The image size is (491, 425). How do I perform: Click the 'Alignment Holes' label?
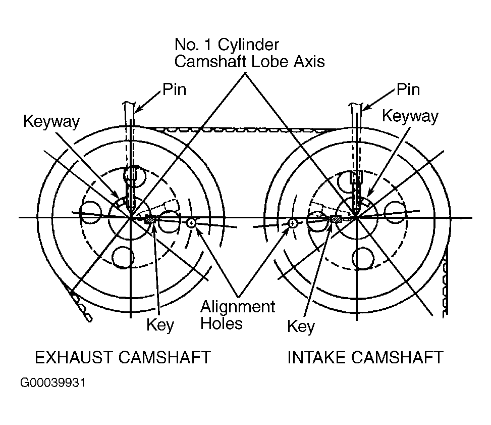238,314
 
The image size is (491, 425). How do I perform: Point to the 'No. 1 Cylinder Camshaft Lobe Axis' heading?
249,53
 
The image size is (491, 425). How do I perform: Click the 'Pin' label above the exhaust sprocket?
174,90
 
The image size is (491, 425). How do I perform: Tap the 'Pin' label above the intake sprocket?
408,90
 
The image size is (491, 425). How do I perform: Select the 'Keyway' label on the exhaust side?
51,122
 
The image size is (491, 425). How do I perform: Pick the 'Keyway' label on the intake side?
410,116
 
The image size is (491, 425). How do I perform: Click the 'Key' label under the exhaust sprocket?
160,325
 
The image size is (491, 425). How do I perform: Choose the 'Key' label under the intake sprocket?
300,326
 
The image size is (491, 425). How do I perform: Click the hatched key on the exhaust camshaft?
150,219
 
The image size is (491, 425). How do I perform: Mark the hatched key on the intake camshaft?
336,219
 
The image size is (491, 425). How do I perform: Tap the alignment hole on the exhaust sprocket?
191,223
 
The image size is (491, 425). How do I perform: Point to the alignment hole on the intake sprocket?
293,223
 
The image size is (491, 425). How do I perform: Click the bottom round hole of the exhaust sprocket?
123,257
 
